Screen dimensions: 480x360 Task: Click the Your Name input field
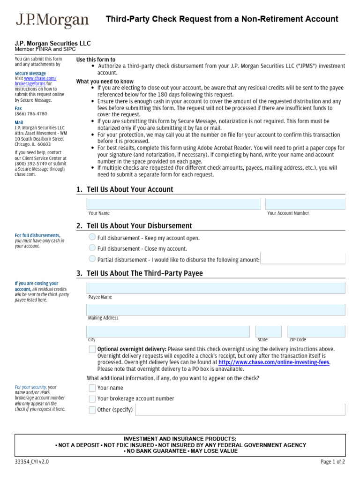pos(173,204)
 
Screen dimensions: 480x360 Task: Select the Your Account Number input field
pos(305,204)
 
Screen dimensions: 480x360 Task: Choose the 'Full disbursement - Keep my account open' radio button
pos(92,238)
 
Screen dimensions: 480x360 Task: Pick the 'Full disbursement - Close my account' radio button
pos(92,248)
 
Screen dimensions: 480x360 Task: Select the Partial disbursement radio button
pos(92,259)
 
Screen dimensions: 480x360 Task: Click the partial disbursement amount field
pos(303,259)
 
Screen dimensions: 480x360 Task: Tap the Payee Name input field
pos(216,288)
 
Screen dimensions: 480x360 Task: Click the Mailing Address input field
pos(216,309)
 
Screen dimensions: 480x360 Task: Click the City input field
pos(168,331)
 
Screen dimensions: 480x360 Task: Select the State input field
pos(269,331)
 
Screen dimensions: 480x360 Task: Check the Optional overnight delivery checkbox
pos(92,349)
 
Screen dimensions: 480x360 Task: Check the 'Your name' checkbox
pos(92,388)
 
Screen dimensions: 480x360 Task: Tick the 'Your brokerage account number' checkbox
pos(92,398)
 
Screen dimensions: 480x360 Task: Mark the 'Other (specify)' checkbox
pos(92,410)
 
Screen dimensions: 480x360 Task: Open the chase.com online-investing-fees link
pos(274,362)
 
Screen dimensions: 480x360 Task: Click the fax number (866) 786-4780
pos(31,114)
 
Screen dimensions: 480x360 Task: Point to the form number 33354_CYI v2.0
pos(32,462)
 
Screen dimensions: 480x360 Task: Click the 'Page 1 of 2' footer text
pos(333,462)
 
